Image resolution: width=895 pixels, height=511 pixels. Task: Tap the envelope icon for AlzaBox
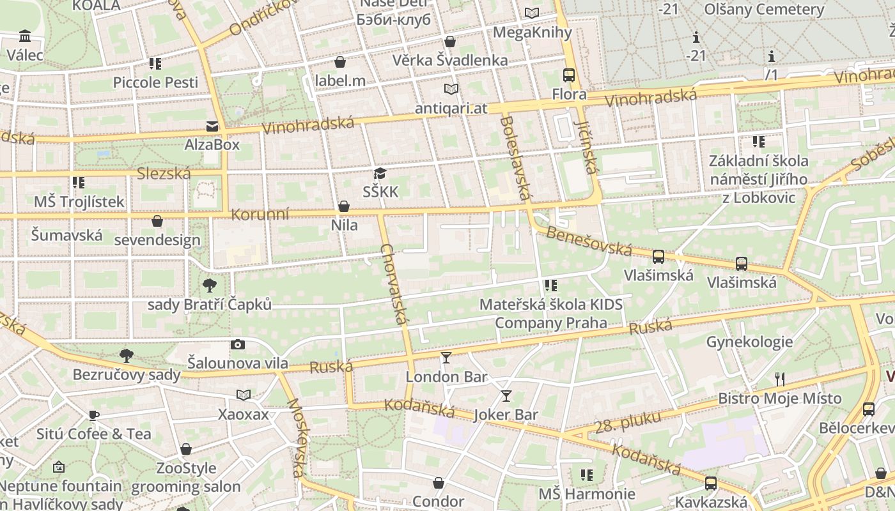coord(212,126)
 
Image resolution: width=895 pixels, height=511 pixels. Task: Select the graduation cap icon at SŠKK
coord(380,173)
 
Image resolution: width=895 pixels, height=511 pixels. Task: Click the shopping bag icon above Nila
coord(344,206)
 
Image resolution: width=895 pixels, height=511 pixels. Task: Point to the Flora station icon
coord(569,75)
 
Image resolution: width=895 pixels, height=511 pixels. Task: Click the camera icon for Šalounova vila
coord(238,345)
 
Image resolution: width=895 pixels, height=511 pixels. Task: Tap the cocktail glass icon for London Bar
coord(446,358)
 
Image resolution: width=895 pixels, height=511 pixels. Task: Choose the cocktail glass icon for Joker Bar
coord(506,396)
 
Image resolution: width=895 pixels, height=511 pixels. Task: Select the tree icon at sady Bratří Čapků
coord(209,286)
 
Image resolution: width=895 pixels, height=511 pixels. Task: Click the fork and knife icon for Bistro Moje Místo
coord(779,379)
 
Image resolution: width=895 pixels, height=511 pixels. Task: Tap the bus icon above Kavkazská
coord(710,483)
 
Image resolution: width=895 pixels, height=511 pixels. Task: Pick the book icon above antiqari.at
coord(451,89)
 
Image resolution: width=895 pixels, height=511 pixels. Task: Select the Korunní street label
coord(260,215)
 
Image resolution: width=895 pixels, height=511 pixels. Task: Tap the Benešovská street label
coord(589,240)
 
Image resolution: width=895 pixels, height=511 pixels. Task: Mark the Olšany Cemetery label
coord(764,10)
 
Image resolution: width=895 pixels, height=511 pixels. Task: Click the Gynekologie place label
coord(749,342)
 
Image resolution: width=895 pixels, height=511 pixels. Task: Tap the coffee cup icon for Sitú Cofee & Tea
coord(94,415)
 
